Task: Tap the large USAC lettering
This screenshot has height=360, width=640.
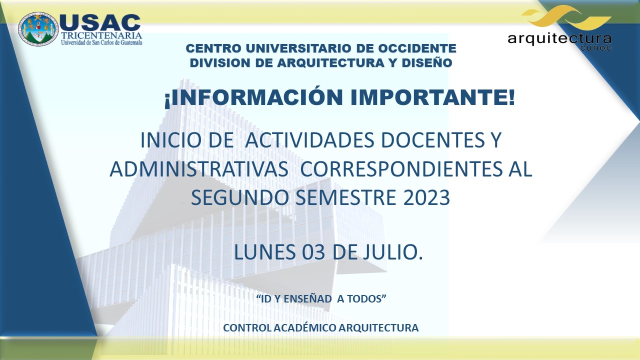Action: [100, 22]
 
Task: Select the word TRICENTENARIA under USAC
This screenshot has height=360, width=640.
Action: [101, 35]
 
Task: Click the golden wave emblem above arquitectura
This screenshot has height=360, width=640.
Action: [566, 17]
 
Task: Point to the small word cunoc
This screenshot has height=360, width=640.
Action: [596, 48]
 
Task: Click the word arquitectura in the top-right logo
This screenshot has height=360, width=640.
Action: [559, 39]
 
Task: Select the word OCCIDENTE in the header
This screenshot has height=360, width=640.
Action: [417, 48]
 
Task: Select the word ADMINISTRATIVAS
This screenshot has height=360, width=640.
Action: [199, 169]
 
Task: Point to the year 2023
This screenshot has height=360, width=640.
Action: [426, 197]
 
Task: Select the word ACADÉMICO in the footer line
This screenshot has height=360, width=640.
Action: [304, 327]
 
